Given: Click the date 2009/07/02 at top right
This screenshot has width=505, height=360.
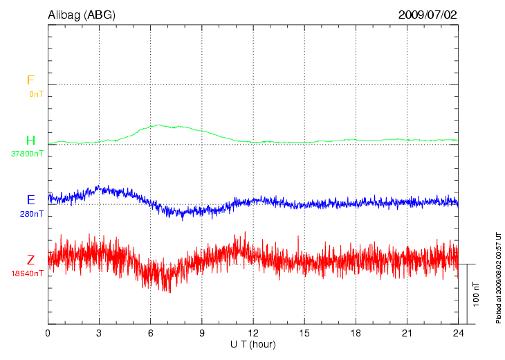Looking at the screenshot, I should (428, 15).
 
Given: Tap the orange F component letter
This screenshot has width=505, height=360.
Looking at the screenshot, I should (30, 80).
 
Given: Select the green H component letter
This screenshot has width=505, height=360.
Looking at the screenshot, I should (30, 141).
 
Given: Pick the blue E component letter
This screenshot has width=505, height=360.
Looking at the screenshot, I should (30, 200).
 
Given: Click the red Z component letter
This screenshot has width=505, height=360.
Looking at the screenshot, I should (30, 260).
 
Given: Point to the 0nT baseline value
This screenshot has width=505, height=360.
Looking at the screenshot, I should (35, 93).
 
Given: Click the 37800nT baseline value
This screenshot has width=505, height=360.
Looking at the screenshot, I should (27, 154).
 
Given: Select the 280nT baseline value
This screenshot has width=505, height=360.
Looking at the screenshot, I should (33, 214).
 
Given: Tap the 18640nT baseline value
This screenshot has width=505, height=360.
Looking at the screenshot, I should (27, 273).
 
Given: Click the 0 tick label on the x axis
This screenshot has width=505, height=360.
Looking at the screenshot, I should (48, 333).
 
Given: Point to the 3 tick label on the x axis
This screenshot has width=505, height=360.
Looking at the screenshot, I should (99, 333).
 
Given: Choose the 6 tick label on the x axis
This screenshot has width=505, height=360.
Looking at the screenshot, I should (150, 333).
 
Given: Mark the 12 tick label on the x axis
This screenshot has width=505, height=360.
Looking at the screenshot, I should (253, 333).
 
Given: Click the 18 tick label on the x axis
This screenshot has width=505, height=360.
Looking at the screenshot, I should (356, 333).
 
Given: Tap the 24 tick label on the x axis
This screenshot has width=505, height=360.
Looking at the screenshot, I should (458, 333).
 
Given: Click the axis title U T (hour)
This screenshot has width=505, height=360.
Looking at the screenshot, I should (253, 344).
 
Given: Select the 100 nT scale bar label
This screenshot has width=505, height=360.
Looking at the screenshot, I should (476, 294).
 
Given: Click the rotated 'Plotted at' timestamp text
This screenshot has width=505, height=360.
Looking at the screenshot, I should (498, 277).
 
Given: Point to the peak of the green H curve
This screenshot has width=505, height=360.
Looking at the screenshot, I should (158, 125).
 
